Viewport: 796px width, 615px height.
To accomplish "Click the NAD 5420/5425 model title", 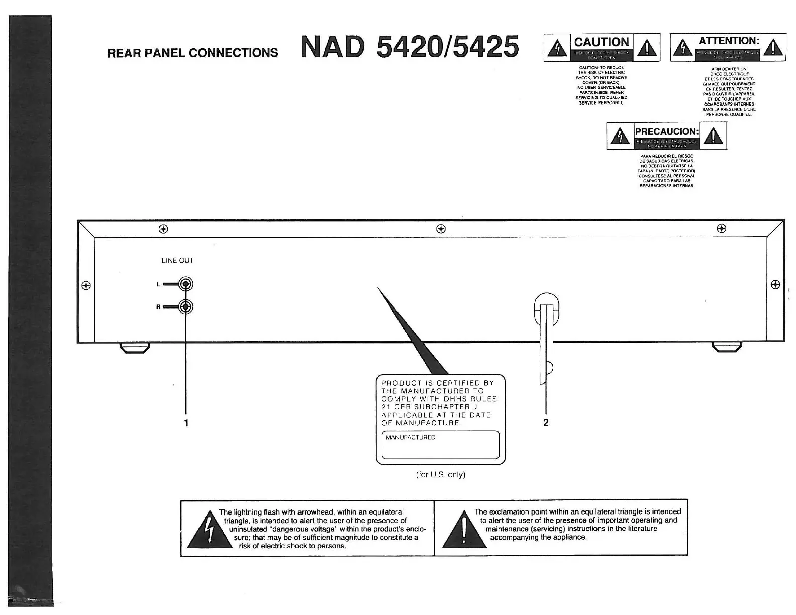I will pos(409,47).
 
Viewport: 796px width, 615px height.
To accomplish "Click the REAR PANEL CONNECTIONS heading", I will pos(192,53).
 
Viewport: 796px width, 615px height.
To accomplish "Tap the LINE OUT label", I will pos(177,260).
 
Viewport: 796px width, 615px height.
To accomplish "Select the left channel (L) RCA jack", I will pos(186,284).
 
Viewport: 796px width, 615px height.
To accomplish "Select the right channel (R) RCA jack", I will pos(186,306).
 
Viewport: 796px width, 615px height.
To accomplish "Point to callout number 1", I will pos(186,423).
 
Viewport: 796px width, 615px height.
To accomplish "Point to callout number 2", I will pos(546,423).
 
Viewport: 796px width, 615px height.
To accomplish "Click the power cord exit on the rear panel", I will pos(546,312).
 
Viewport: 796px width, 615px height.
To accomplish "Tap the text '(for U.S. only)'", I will pos(441,474).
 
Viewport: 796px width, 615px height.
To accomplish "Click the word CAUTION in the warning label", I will pos(602,42).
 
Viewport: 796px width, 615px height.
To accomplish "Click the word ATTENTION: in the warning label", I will pos(728,41).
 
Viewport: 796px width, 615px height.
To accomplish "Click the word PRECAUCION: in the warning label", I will pos(667,131).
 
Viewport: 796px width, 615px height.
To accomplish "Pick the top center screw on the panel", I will pos(441,229).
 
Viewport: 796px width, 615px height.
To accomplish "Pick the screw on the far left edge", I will pos(86,285).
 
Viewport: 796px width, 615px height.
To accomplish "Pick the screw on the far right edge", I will pos(775,285).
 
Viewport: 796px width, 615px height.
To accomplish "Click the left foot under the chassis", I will pos(135,347).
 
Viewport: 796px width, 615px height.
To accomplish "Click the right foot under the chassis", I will pos(726,347).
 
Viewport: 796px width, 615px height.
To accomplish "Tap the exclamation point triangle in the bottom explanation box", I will pos(463,532).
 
